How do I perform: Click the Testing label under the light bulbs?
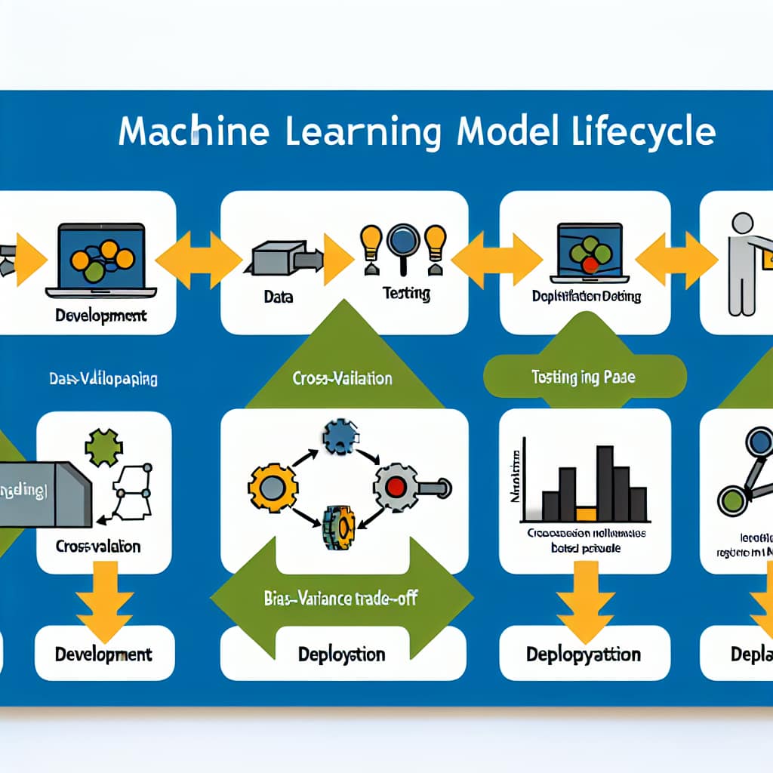[406, 293]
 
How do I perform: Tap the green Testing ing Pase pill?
[583, 377]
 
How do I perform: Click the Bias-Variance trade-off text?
[341, 599]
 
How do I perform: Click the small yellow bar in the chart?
[586, 514]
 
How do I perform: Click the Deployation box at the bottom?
[341, 654]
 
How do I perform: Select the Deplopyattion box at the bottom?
[584, 654]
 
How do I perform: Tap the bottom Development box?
[103, 654]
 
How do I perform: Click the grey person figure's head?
[743, 223]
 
